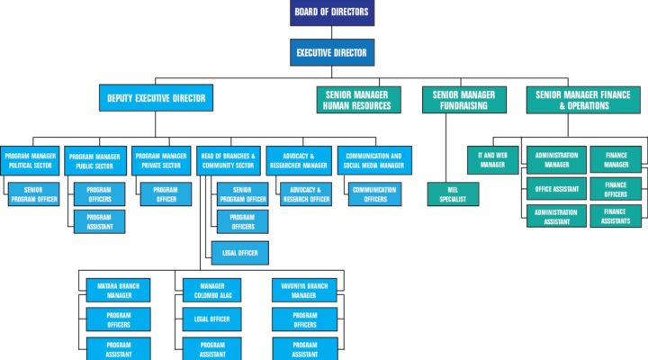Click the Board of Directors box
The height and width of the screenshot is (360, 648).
(x=332, y=13)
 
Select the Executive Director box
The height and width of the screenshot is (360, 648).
(x=332, y=52)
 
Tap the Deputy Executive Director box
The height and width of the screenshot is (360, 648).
(x=157, y=98)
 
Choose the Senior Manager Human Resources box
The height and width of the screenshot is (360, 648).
(x=359, y=100)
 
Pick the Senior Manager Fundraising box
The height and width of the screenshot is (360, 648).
(x=464, y=100)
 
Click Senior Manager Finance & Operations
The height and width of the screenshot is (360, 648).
(x=583, y=100)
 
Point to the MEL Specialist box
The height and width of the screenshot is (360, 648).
(x=453, y=194)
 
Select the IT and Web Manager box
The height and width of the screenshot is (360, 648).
(x=492, y=160)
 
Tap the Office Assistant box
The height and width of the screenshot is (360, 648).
(x=556, y=189)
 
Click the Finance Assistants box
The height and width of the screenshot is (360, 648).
(x=616, y=216)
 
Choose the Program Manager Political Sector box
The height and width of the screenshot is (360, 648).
(x=30, y=160)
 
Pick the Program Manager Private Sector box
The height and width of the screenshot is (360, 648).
(x=161, y=160)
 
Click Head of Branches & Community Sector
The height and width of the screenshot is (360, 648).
(x=228, y=160)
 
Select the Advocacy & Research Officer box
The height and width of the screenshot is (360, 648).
(x=306, y=194)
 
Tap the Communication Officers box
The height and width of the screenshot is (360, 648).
(x=374, y=194)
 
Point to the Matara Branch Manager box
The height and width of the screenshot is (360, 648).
(x=118, y=290)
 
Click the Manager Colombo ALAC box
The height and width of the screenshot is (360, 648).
(x=212, y=290)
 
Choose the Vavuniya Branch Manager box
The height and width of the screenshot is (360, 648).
(x=304, y=290)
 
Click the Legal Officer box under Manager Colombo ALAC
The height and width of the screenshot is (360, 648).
(x=212, y=319)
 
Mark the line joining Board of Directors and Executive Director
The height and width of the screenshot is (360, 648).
(x=332, y=32)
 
